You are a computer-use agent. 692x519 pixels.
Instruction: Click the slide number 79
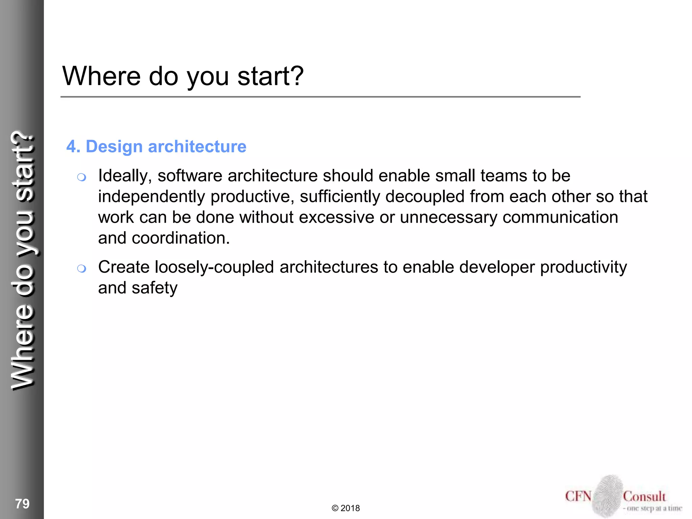point(22,504)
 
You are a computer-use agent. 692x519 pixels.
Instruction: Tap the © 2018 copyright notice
point(346,508)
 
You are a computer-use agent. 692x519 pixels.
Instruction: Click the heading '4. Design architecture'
point(156,147)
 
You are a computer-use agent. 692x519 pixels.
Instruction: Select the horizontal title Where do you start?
point(183,76)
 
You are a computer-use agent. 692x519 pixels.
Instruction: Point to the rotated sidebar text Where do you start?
point(23,260)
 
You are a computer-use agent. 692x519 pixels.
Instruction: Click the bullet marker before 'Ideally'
point(81,177)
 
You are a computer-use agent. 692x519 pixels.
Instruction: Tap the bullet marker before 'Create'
point(81,269)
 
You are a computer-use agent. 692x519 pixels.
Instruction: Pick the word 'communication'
point(560,217)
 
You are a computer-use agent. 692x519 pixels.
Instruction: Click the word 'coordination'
point(180,238)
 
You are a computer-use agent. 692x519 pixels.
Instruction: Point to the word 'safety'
point(154,288)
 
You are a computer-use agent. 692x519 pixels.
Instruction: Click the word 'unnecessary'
point(448,217)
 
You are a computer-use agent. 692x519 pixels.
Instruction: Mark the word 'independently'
point(151,197)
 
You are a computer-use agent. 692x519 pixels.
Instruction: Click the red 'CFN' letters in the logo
point(578,496)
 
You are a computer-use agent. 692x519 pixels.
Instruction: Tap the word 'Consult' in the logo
point(644,496)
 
